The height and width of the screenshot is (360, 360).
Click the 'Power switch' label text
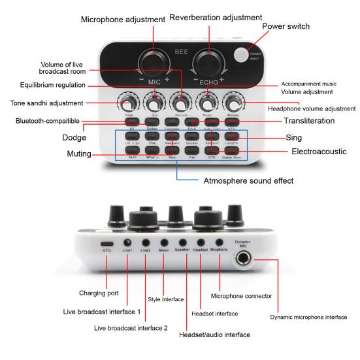click(285, 27)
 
